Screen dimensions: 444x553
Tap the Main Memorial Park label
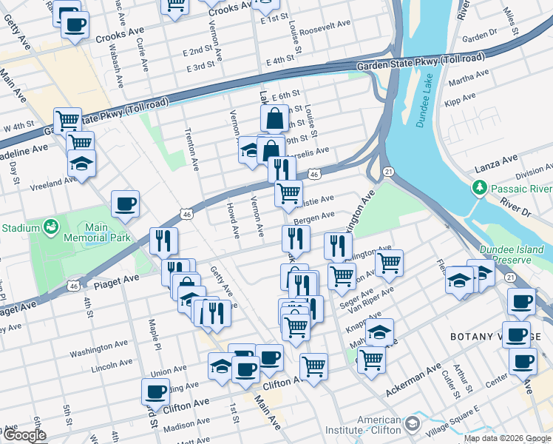click(102, 232)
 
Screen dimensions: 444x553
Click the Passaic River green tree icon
click(479, 188)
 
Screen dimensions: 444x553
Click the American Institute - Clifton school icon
click(412, 424)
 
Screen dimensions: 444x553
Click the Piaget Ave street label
click(116, 280)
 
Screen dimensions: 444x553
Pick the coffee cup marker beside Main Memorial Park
click(125, 204)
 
